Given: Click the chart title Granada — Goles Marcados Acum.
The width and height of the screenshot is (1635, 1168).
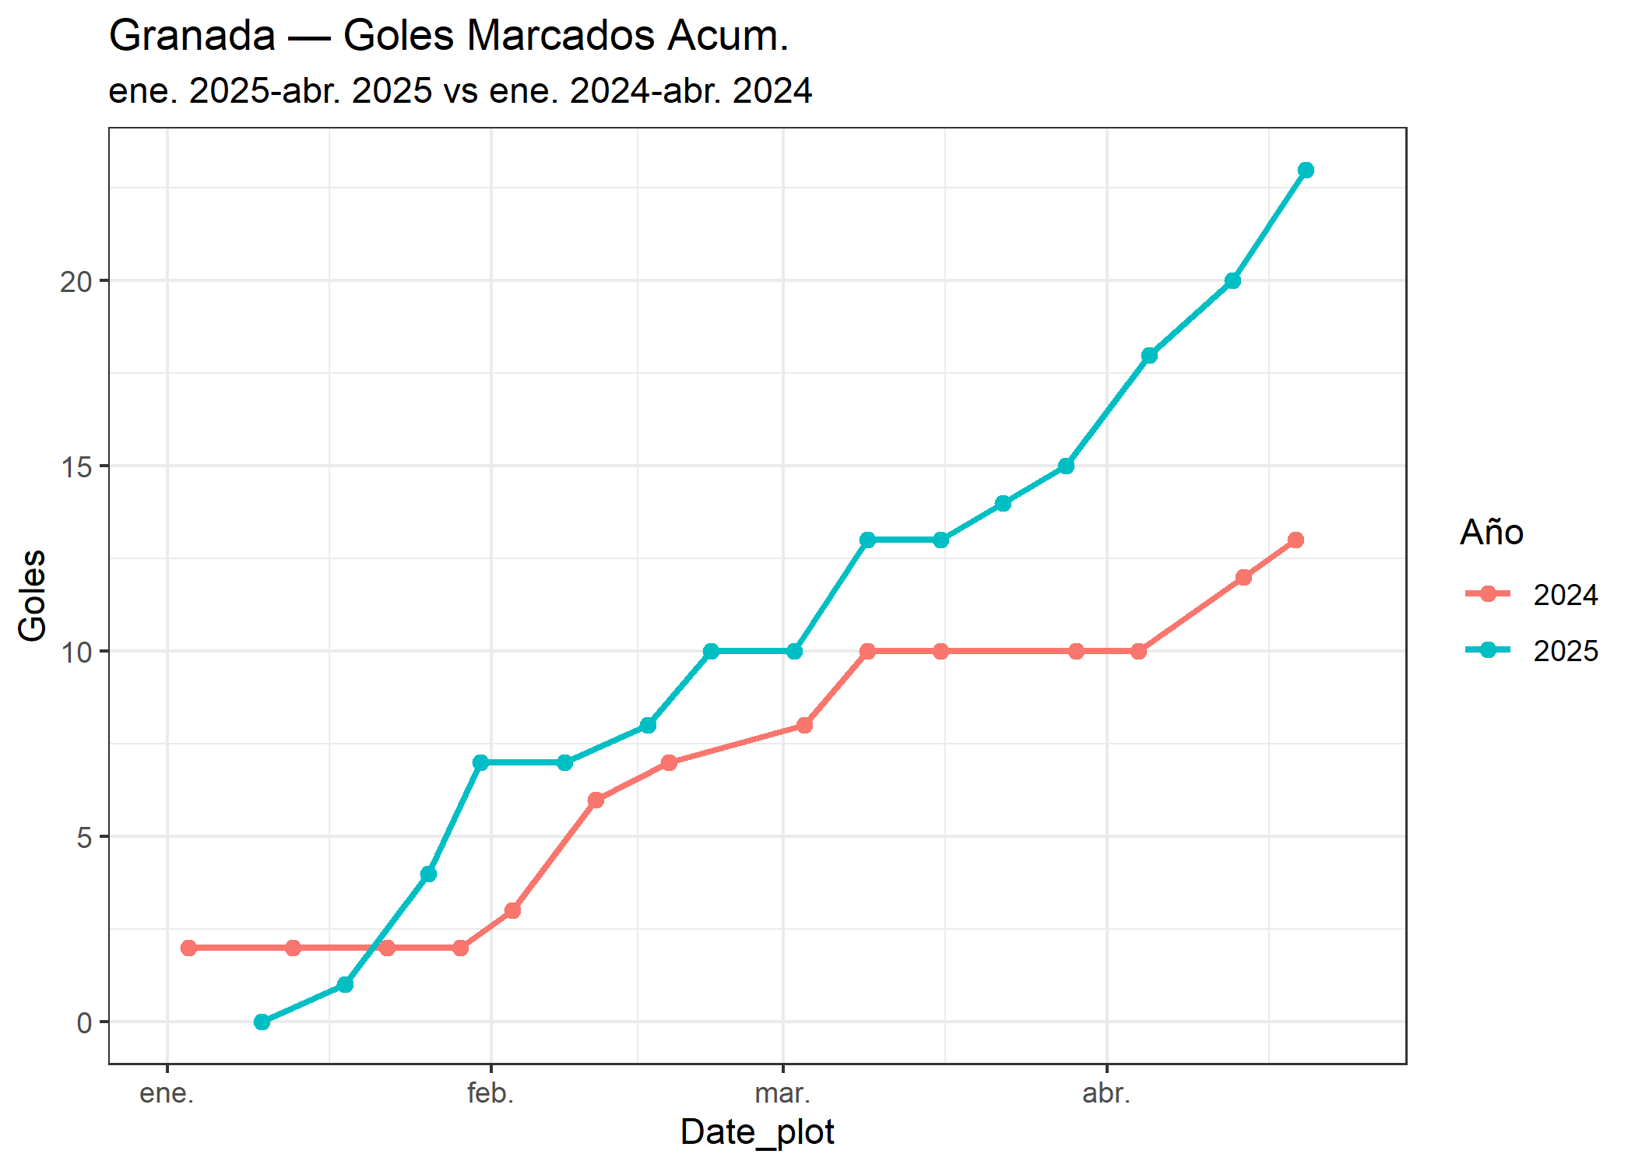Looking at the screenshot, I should tap(448, 36).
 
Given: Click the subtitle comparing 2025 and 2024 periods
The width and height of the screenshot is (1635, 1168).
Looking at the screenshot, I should tap(459, 91).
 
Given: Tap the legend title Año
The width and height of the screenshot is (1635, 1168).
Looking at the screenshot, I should tap(1491, 533).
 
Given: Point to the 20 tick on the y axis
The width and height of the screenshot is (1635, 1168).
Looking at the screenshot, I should tap(76, 281).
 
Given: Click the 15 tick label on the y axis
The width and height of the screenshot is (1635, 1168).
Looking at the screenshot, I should tap(76, 467).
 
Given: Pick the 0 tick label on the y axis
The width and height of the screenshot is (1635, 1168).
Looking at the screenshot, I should tap(84, 1022).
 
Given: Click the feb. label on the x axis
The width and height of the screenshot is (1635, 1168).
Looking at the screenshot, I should tap(490, 1093).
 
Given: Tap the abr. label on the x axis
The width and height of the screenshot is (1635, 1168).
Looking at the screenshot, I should tap(1106, 1093).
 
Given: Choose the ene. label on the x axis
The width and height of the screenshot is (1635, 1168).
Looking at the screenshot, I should tap(167, 1093).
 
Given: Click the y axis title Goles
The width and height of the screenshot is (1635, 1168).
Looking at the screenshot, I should tap(33, 595).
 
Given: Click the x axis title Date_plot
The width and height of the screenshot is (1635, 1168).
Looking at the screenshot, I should tap(757, 1132).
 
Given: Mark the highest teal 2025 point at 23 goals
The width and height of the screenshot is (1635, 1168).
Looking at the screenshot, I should tap(1306, 170).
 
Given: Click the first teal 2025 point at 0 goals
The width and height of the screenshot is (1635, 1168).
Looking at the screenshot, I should tap(262, 1022).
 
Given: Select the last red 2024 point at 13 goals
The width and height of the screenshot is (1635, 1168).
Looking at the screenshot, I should tap(1296, 540).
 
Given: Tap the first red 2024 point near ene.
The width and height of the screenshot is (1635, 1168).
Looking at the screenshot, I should tap(188, 948).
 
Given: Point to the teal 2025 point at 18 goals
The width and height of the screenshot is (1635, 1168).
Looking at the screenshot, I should tap(1149, 355).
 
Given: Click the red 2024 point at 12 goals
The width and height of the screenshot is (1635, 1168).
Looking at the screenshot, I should tap(1243, 577).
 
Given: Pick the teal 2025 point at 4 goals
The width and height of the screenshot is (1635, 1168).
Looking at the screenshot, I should tap(428, 874).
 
